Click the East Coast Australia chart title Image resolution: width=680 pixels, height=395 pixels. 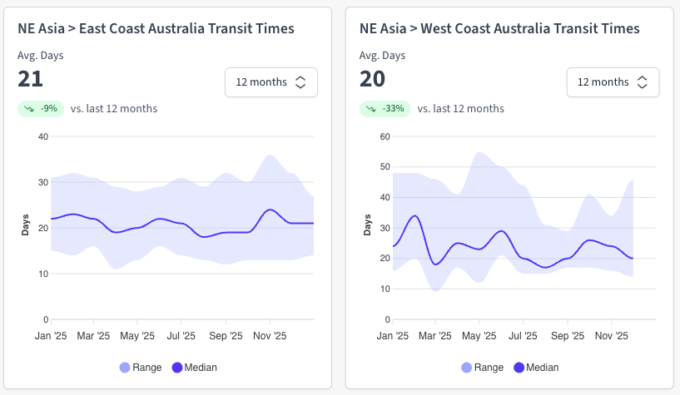(x=156, y=28)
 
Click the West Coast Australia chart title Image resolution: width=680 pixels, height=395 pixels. (x=499, y=28)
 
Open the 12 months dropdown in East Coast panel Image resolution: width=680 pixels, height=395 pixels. (x=271, y=82)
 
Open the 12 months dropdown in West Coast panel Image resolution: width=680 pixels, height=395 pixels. (x=613, y=82)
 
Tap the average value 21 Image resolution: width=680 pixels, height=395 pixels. (x=31, y=79)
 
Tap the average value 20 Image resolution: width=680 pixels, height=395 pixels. (x=373, y=79)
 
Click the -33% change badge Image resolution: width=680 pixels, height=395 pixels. (x=385, y=108)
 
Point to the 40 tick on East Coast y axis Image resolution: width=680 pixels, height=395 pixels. (x=44, y=136)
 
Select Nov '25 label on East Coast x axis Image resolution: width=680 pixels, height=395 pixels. (x=269, y=337)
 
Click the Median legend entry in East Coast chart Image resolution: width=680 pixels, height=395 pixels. (x=194, y=367)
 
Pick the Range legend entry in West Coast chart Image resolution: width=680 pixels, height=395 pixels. (x=483, y=367)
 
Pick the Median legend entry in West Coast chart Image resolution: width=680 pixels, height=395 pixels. (x=536, y=367)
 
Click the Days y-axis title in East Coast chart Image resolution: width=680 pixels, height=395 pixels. (x=25, y=227)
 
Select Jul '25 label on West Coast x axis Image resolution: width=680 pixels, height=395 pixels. (x=523, y=337)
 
